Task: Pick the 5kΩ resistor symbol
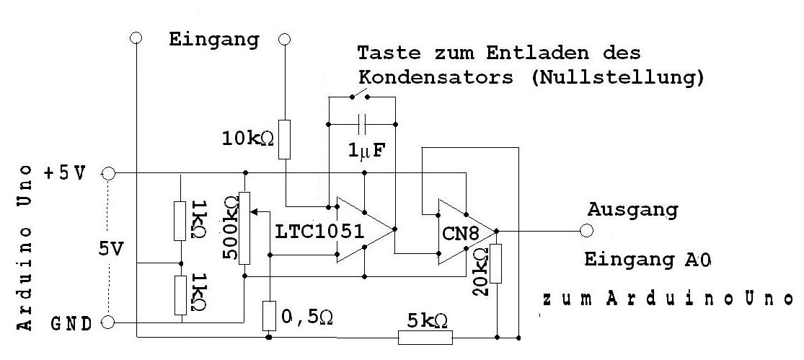[425, 337]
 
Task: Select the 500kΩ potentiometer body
[245, 228]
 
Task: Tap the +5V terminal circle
[109, 173]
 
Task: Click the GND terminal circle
[109, 322]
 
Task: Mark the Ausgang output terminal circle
[586, 231]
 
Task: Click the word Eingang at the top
[213, 39]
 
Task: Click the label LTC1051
[321, 232]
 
